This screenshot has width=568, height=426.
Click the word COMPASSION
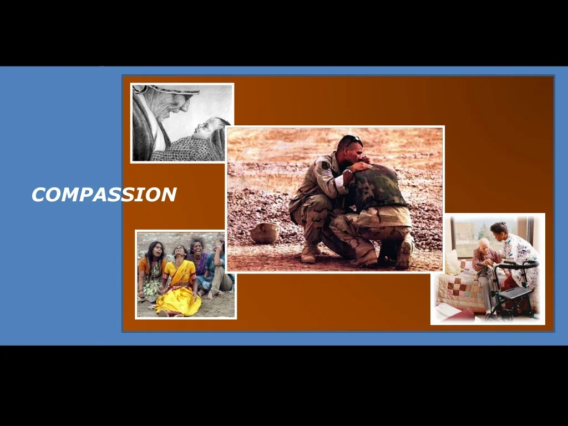tap(104, 195)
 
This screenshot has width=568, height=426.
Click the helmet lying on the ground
tap(265, 233)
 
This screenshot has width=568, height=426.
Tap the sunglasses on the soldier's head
tap(352, 141)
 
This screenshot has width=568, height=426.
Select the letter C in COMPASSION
tap(38, 195)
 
